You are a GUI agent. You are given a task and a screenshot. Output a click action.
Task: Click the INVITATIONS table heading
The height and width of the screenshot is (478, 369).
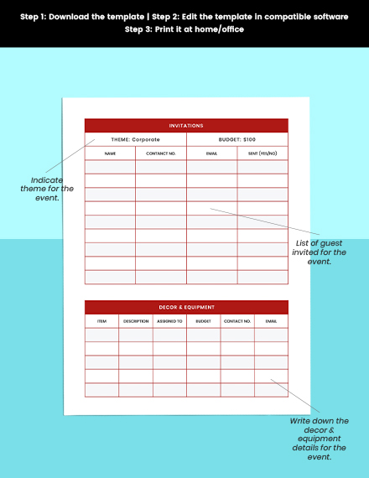(186, 126)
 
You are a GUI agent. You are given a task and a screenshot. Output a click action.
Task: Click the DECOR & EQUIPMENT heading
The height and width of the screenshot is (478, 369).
(186, 307)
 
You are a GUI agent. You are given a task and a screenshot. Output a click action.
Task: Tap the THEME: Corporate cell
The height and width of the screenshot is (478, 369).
(135, 139)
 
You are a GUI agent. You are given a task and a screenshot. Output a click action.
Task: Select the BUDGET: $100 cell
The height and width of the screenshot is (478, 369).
(237, 139)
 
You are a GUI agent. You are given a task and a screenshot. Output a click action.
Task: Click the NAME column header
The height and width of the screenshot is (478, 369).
(110, 153)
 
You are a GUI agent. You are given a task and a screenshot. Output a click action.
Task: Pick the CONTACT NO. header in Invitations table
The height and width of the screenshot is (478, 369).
(161, 153)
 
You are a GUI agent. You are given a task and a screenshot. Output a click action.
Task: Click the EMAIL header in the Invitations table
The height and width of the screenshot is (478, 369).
(211, 153)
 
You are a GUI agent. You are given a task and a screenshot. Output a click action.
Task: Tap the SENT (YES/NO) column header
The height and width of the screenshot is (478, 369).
(262, 153)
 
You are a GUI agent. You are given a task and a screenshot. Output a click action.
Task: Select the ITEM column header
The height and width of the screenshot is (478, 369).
(101, 320)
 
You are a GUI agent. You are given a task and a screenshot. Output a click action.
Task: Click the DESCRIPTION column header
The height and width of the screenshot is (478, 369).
(135, 320)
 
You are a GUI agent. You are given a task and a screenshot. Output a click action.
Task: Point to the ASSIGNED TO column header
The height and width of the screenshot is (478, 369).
(169, 320)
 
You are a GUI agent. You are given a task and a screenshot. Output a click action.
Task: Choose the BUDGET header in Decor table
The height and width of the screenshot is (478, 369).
(203, 320)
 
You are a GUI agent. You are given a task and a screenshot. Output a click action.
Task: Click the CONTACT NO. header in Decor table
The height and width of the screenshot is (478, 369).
(237, 320)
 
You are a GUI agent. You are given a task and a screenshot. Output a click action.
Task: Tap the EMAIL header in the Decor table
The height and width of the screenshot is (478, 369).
(271, 320)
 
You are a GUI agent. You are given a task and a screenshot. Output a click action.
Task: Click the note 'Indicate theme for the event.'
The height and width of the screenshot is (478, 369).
(52, 189)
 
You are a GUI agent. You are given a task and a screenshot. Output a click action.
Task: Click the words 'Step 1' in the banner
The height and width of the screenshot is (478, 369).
(38, 15)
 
